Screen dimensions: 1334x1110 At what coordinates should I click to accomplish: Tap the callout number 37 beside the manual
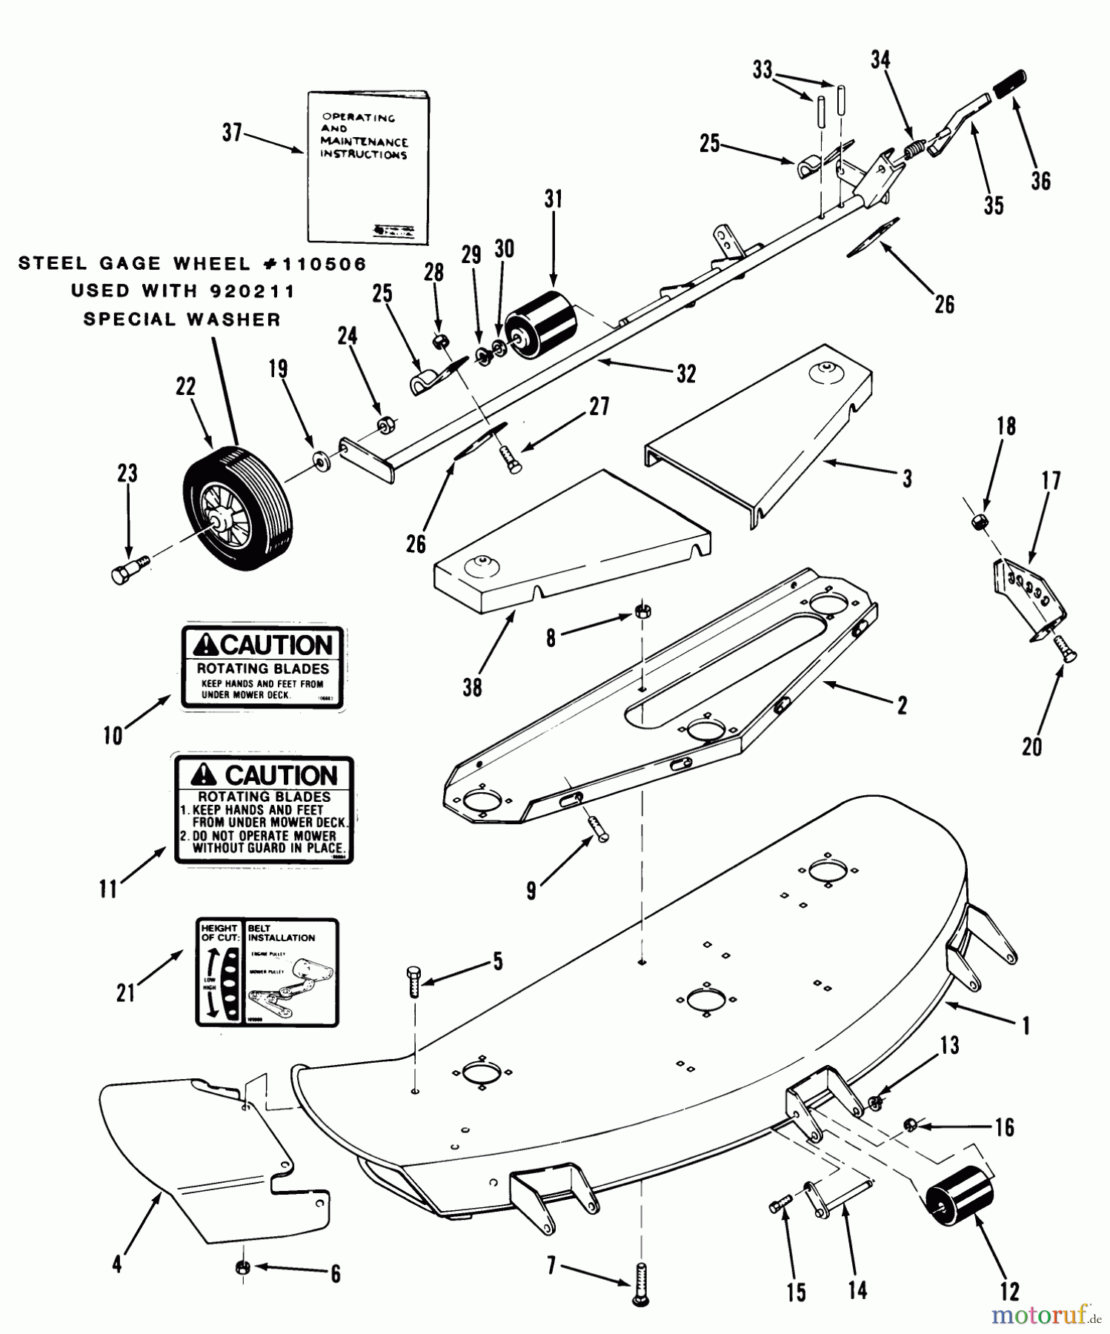click(232, 133)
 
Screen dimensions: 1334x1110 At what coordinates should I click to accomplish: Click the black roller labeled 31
click(541, 323)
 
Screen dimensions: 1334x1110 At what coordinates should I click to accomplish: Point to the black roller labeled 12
click(960, 1198)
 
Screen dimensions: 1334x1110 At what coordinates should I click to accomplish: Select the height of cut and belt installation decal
click(267, 972)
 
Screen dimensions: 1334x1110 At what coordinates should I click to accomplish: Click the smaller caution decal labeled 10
click(263, 667)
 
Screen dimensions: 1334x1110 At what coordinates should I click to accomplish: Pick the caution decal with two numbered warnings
click(264, 809)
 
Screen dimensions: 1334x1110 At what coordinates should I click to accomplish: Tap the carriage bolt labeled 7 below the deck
click(642, 1286)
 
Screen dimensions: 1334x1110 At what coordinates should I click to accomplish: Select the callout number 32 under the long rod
click(686, 375)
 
